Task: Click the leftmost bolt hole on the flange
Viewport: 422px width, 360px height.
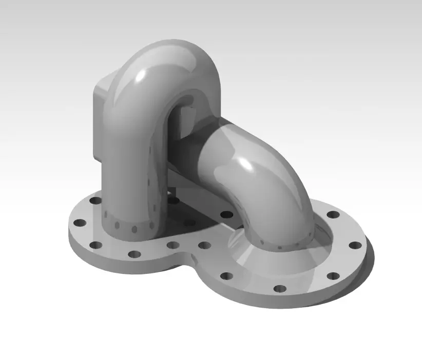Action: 80,224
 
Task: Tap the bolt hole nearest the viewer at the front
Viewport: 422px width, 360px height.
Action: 280,288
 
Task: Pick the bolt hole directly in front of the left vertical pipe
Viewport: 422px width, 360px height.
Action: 134,254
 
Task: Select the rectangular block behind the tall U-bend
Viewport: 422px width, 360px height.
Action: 101,123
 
